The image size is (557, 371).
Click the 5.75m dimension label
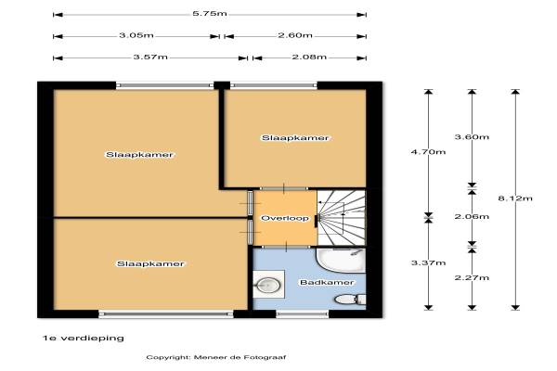click(x=210, y=14)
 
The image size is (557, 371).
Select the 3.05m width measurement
click(x=136, y=35)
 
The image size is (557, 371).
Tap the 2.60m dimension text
click(x=295, y=35)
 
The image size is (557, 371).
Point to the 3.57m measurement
click(x=150, y=57)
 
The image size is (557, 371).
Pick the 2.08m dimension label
click(x=309, y=57)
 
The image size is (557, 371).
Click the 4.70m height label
click(x=428, y=152)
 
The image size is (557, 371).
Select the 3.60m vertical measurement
click(x=472, y=137)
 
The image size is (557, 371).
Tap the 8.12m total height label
click(x=515, y=198)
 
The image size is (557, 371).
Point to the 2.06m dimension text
click(x=472, y=216)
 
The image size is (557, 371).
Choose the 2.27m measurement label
click(x=472, y=277)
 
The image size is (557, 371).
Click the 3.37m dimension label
click(x=428, y=262)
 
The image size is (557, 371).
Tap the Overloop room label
click(x=285, y=218)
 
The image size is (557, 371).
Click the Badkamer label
click(x=327, y=283)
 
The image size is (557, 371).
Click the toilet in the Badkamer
click(x=350, y=300)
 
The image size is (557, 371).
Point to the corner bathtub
click(x=341, y=261)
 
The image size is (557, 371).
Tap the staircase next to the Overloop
click(x=342, y=218)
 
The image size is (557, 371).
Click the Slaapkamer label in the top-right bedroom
click(x=295, y=138)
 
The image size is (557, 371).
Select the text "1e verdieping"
click(x=84, y=338)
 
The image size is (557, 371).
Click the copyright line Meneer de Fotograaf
click(x=216, y=357)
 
